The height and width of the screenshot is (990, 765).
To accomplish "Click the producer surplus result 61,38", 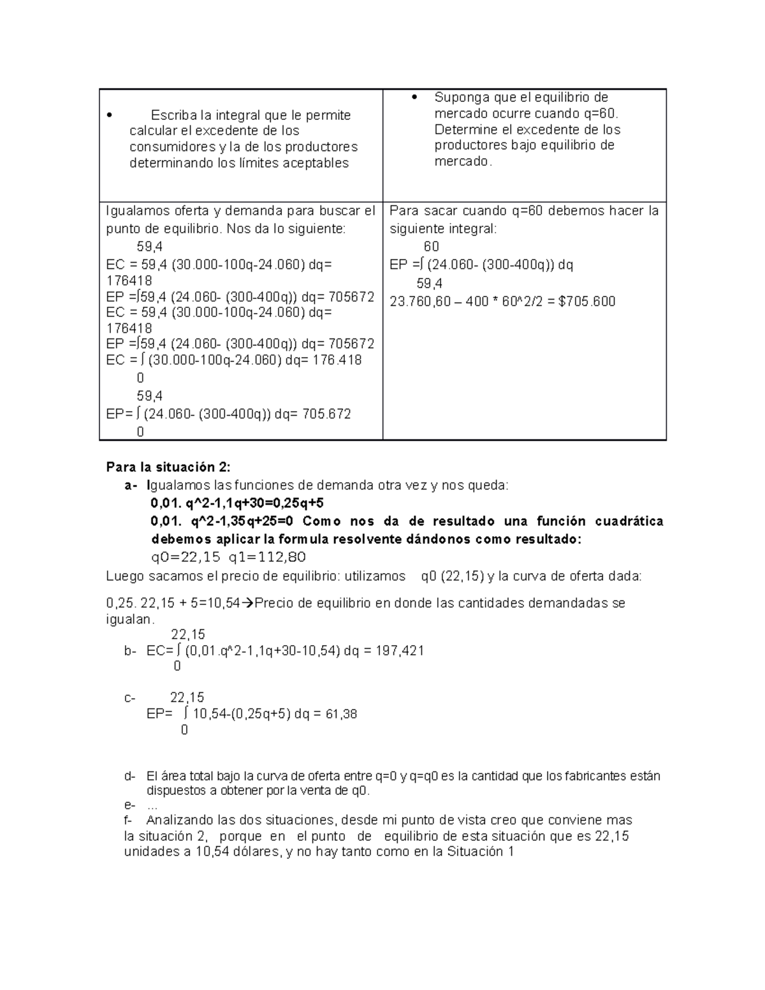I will click(341, 714).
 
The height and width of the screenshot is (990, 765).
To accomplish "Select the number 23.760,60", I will click(420, 302).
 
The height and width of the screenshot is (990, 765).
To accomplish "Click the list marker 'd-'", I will click(130, 776).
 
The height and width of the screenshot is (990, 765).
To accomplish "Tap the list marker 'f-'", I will click(129, 820).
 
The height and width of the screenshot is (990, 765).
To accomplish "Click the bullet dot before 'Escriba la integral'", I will click(110, 116).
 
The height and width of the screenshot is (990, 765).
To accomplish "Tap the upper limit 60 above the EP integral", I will click(431, 247).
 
